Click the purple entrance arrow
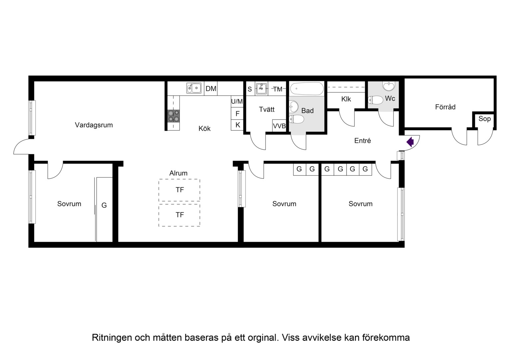click(410, 142)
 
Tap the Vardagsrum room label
click(94, 125)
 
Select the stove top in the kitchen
click(174, 116)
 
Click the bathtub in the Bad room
click(307, 88)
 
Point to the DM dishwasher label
click(211, 89)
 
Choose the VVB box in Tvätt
click(279, 126)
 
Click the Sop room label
click(484, 119)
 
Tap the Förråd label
click(445, 107)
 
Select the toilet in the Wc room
click(375, 100)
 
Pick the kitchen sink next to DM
click(194, 88)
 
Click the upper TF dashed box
click(179, 190)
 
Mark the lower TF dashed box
click(179, 215)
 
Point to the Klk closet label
click(346, 99)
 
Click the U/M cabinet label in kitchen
click(237, 101)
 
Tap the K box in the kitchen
click(237, 125)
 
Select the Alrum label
click(178, 173)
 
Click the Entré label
click(363, 141)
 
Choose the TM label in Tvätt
click(278, 89)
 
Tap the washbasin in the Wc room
click(389, 86)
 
